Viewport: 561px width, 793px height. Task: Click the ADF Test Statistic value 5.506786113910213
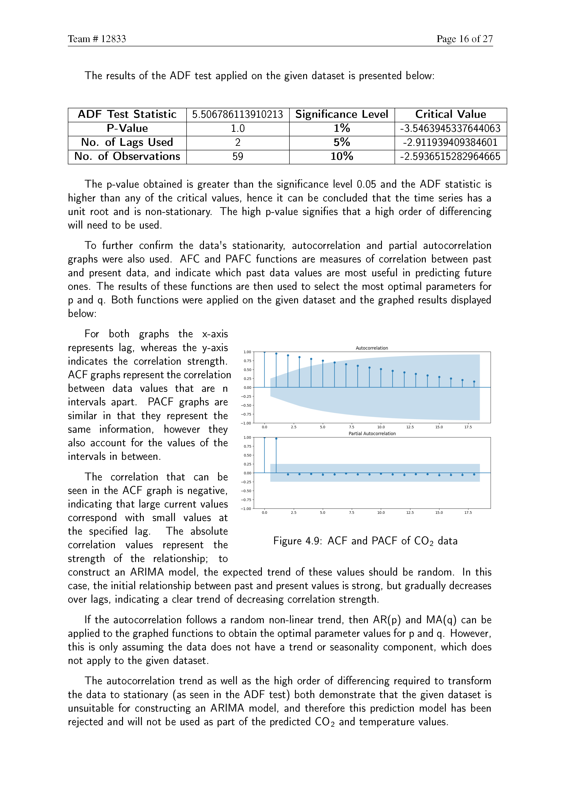tap(237, 114)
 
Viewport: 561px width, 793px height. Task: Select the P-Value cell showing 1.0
tap(237, 128)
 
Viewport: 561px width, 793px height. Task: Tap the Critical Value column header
tap(450, 114)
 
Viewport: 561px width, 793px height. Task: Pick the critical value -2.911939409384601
tap(450, 142)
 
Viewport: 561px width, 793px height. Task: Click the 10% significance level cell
tap(342, 156)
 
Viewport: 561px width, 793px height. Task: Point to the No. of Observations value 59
tap(237, 156)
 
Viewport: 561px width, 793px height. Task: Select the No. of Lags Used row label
tap(127, 142)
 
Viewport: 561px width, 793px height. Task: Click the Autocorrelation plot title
tap(372, 348)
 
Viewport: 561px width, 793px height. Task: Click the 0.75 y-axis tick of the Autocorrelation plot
tap(247, 361)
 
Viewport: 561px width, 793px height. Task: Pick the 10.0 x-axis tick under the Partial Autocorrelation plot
tap(381, 512)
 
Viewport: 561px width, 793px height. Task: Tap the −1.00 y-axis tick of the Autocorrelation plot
tap(246, 423)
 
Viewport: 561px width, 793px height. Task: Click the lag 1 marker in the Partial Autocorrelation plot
tap(276, 439)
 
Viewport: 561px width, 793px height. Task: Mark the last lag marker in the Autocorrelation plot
tap(474, 382)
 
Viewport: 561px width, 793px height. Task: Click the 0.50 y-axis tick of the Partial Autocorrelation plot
tap(247, 455)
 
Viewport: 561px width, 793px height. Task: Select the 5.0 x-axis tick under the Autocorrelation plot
tap(322, 427)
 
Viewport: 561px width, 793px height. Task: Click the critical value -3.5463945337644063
tap(450, 128)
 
